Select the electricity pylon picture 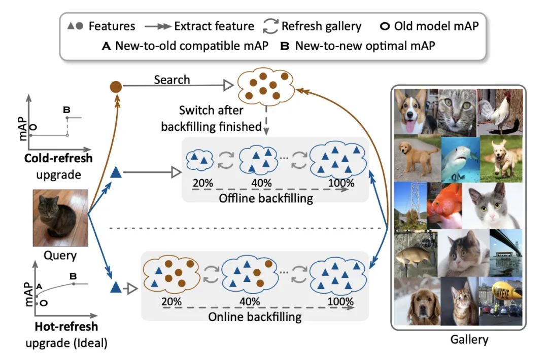click(x=410, y=205)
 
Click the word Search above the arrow click(x=172, y=80)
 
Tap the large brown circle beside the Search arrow click(x=116, y=86)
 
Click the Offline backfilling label click(x=265, y=198)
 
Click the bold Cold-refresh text click(x=59, y=158)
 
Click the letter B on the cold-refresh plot click(x=66, y=109)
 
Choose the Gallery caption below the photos click(x=469, y=339)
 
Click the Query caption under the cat click(x=60, y=256)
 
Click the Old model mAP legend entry click(x=429, y=25)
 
